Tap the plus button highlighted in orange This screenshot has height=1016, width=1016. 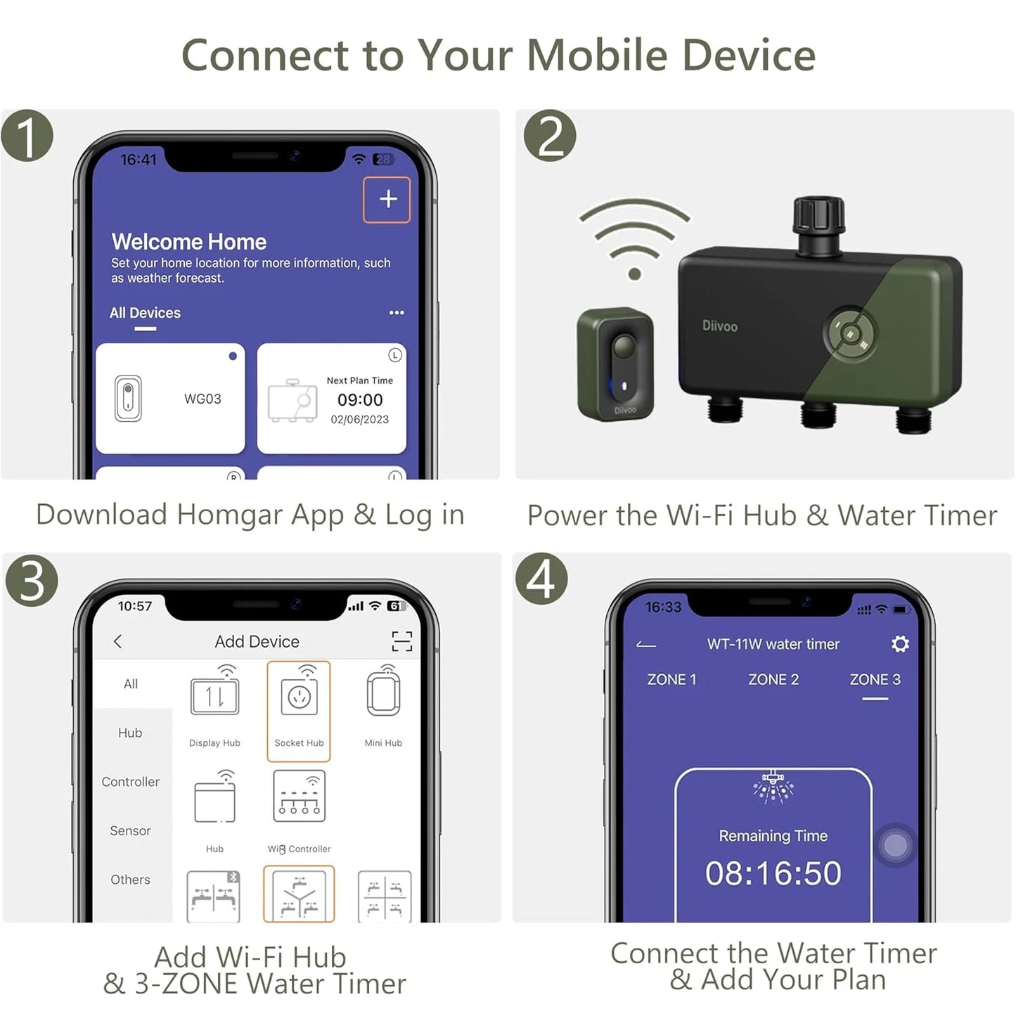387,199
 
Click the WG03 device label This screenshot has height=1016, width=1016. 202,399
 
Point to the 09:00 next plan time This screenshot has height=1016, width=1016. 360,399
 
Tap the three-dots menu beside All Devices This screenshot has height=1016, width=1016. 397,313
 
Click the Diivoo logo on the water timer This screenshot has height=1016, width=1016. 720,326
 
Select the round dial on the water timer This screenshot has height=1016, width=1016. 849,333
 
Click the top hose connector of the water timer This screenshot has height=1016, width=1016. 818,224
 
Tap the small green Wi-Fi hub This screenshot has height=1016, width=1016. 616,364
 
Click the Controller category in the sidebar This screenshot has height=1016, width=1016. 130,781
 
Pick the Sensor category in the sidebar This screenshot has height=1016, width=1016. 130,830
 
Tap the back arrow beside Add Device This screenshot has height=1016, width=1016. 117,641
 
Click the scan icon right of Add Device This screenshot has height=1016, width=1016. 401,641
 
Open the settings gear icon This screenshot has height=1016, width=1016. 900,644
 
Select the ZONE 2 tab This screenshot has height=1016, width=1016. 773,679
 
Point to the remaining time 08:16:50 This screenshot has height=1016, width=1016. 773,873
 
